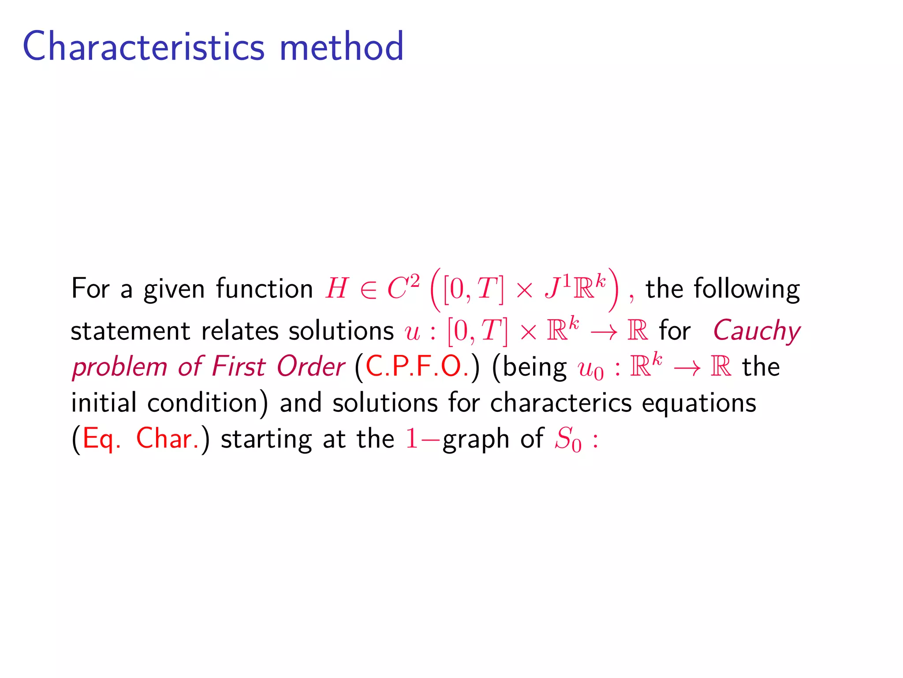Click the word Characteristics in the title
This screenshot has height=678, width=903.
click(143, 46)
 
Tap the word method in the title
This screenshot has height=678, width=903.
click(342, 46)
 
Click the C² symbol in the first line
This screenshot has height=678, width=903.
click(403, 288)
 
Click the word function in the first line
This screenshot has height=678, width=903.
click(265, 289)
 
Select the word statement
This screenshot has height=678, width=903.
click(131, 331)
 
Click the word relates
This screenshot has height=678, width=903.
click(239, 331)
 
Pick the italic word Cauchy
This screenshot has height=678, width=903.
click(757, 331)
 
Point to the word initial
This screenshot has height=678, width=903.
click(104, 403)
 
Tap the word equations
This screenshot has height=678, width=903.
click(699, 403)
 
